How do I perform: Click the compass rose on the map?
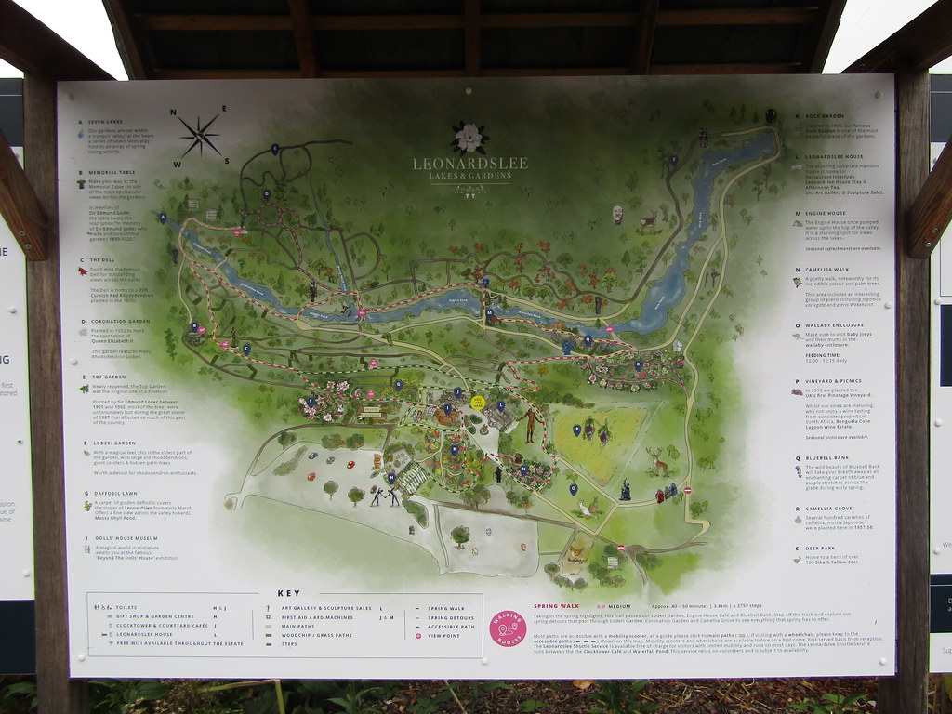click(x=199, y=134)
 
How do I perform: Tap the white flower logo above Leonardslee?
click(x=469, y=138)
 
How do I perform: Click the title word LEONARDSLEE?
click(x=469, y=164)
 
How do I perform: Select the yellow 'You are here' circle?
click(x=478, y=403)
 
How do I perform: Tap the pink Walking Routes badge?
click(x=508, y=628)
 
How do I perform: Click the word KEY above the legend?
click(x=288, y=593)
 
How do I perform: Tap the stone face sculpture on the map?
click(x=617, y=215)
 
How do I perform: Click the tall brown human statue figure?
click(x=531, y=424)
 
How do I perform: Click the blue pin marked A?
click(x=163, y=218)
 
